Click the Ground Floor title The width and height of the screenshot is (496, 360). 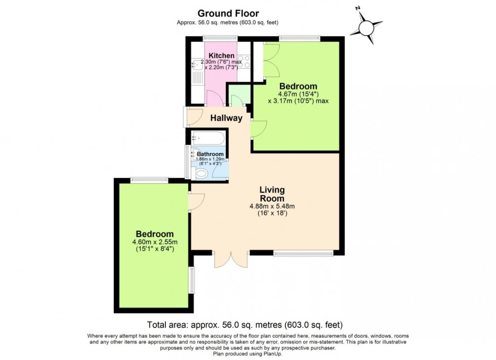(228, 13)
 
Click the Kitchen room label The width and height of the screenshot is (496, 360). (222, 55)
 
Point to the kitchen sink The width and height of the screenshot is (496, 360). (197, 65)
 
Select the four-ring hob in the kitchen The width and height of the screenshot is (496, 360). (244, 62)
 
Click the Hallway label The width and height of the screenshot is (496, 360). (227, 118)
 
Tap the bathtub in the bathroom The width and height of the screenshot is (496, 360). (208, 138)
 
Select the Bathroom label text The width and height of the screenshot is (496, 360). (210, 154)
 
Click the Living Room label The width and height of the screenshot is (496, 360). (272, 194)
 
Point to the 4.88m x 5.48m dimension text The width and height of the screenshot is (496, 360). (272, 206)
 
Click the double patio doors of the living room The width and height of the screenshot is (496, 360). (231, 259)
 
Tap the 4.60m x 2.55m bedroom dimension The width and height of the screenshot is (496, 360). (155, 242)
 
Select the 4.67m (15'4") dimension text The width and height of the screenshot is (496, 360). (298, 94)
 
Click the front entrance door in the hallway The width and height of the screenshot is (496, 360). (193, 117)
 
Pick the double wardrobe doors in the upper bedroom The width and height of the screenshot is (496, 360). (271, 60)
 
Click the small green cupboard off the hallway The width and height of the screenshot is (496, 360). (239, 94)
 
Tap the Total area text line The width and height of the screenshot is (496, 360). (245, 325)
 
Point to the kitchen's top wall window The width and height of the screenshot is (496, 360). (220, 37)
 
